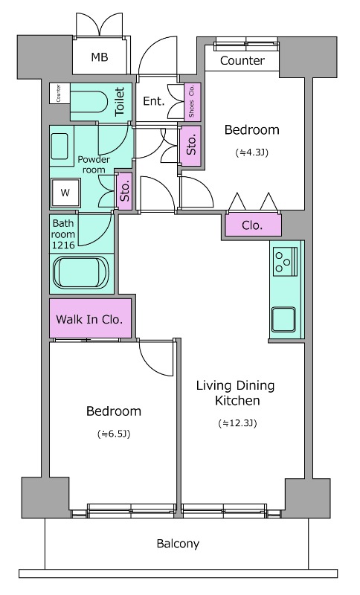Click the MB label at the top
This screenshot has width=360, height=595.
point(100,57)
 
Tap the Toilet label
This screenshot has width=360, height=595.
point(120,101)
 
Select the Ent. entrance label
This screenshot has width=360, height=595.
point(154,101)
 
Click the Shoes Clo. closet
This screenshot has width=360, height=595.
point(192,102)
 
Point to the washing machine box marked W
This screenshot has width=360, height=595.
point(65,193)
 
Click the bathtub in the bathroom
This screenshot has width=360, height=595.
point(81,273)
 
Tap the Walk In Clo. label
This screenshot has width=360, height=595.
point(89,319)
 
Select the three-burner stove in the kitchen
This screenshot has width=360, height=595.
point(286,261)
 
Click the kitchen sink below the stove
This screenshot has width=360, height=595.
point(283,319)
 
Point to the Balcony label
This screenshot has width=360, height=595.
point(178,544)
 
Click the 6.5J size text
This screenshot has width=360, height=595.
point(114,434)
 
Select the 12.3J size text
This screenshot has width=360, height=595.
point(238,423)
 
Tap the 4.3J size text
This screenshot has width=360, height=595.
point(252,152)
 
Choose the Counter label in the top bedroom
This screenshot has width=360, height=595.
point(242,61)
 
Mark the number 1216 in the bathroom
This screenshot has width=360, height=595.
point(63,245)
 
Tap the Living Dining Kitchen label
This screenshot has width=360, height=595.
point(235,393)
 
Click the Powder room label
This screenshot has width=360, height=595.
point(94,164)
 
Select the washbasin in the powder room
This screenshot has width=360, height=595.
point(60,146)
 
